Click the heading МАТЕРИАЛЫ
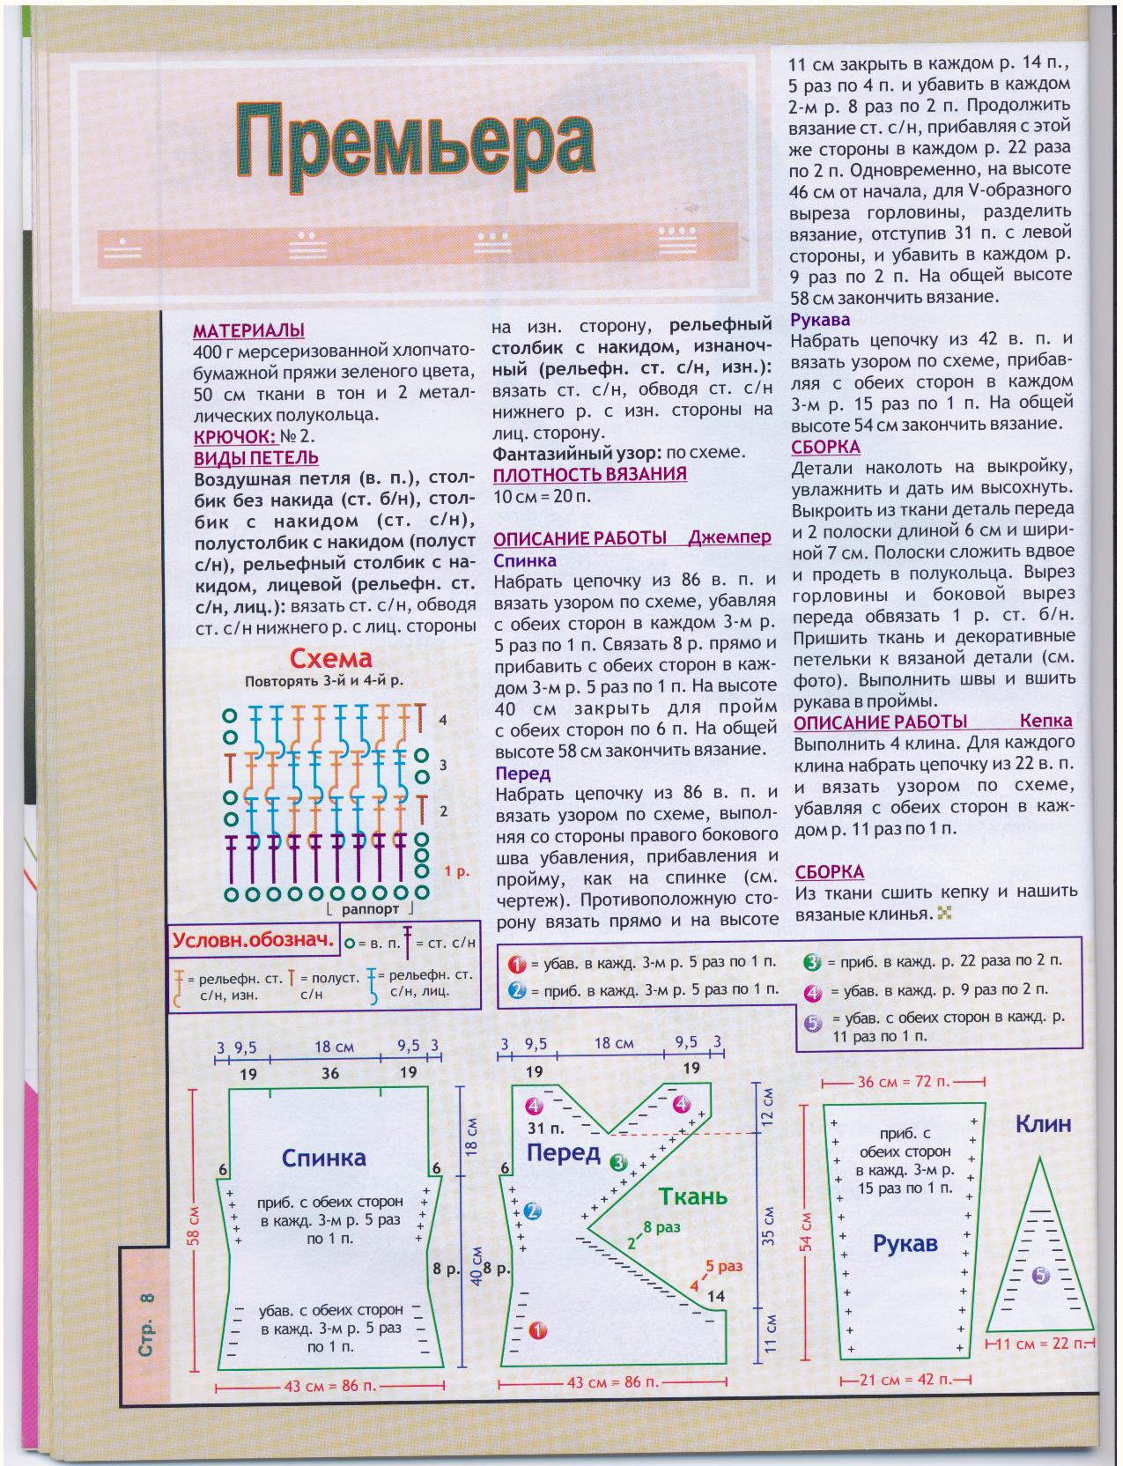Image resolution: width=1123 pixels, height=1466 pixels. click(248, 331)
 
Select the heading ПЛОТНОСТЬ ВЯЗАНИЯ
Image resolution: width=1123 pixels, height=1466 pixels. click(589, 474)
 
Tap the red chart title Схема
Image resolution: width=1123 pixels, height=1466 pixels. click(331, 659)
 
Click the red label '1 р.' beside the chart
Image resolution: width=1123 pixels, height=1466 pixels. click(456, 871)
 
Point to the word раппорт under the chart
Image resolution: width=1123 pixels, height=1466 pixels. click(369, 908)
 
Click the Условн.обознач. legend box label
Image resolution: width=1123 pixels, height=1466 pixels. click(254, 940)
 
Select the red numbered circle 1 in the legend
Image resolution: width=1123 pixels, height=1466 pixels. click(516, 963)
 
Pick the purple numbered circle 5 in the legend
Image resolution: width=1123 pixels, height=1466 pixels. click(812, 1024)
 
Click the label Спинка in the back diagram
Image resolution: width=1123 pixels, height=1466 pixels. click(323, 1158)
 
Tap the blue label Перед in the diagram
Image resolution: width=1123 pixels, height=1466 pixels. click(564, 1152)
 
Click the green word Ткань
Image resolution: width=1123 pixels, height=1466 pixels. click(693, 1196)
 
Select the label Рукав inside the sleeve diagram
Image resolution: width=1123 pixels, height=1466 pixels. click(905, 1244)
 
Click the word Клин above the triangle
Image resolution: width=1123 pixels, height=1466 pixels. click(1043, 1123)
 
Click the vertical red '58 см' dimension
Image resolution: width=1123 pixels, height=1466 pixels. click(196, 1224)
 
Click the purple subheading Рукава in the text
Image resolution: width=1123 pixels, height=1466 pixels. click(820, 320)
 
